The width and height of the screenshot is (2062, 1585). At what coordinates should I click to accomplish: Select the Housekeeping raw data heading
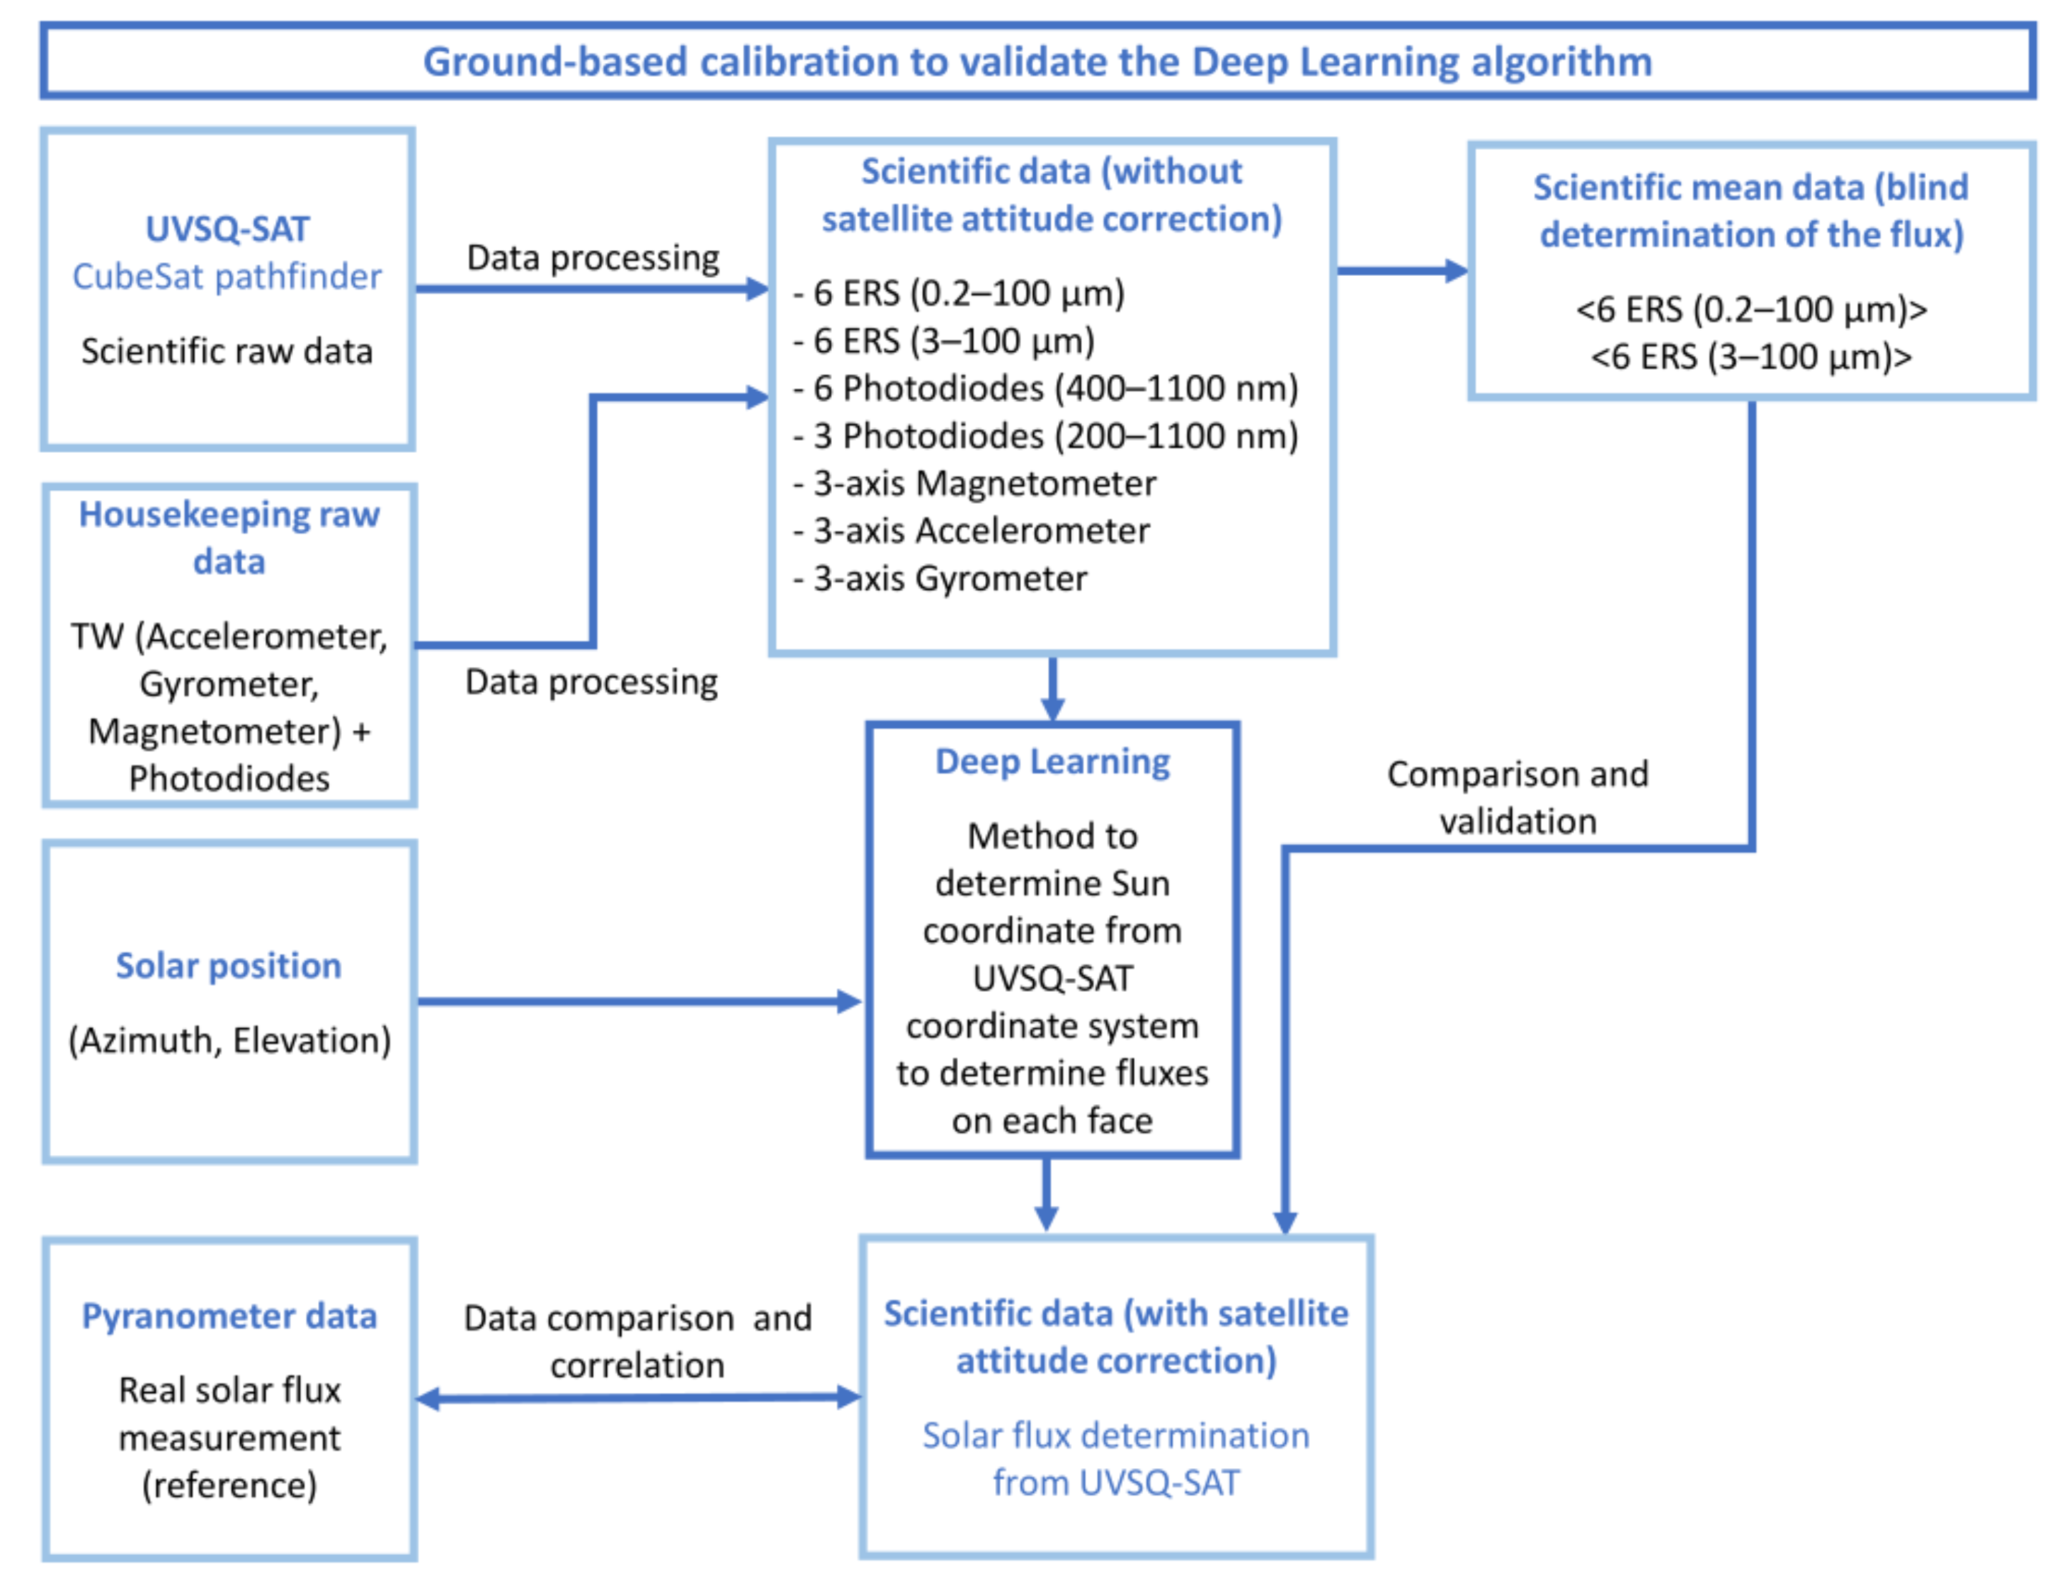coord(229,537)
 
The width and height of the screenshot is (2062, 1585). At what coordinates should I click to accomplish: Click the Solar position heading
coord(229,965)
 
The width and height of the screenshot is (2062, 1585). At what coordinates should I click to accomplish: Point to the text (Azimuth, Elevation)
coord(229,1040)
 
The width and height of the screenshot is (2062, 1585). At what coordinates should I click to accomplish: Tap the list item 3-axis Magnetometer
coord(983,483)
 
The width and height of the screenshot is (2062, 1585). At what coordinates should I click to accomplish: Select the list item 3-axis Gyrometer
coord(949,578)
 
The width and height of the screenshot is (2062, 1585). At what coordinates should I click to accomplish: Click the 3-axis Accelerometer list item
coord(981,530)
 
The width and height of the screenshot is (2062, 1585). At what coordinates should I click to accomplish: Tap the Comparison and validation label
coord(1516,798)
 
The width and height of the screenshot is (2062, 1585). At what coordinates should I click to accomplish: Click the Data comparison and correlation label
coord(637,1341)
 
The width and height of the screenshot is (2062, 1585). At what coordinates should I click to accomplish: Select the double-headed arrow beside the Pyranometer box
coord(638,1397)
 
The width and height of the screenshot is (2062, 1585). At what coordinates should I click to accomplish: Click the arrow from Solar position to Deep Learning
coord(638,1001)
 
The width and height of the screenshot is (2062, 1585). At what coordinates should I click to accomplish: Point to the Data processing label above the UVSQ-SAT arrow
coord(593,257)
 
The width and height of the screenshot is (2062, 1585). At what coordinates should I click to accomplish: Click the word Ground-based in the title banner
coord(555,62)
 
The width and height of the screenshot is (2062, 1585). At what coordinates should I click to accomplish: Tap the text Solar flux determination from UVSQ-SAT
coord(1115,1459)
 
